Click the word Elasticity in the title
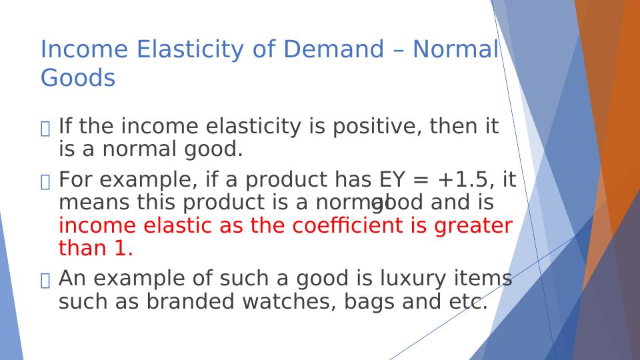(x=190, y=50)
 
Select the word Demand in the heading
(x=333, y=49)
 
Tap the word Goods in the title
(x=78, y=78)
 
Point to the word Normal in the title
(x=455, y=49)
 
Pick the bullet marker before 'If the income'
(x=45, y=129)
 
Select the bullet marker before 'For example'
(x=45, y=182)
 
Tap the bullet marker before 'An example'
(x=45, y=281)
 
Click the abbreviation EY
(x=392, y=179)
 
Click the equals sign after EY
(x=421, y=180)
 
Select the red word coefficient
(x=348, y=225)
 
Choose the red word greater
(x=473, y=227)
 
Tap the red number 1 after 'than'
(x=120, y=248)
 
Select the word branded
(x=190, y=301)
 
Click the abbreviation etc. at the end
(x=468, y=301)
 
